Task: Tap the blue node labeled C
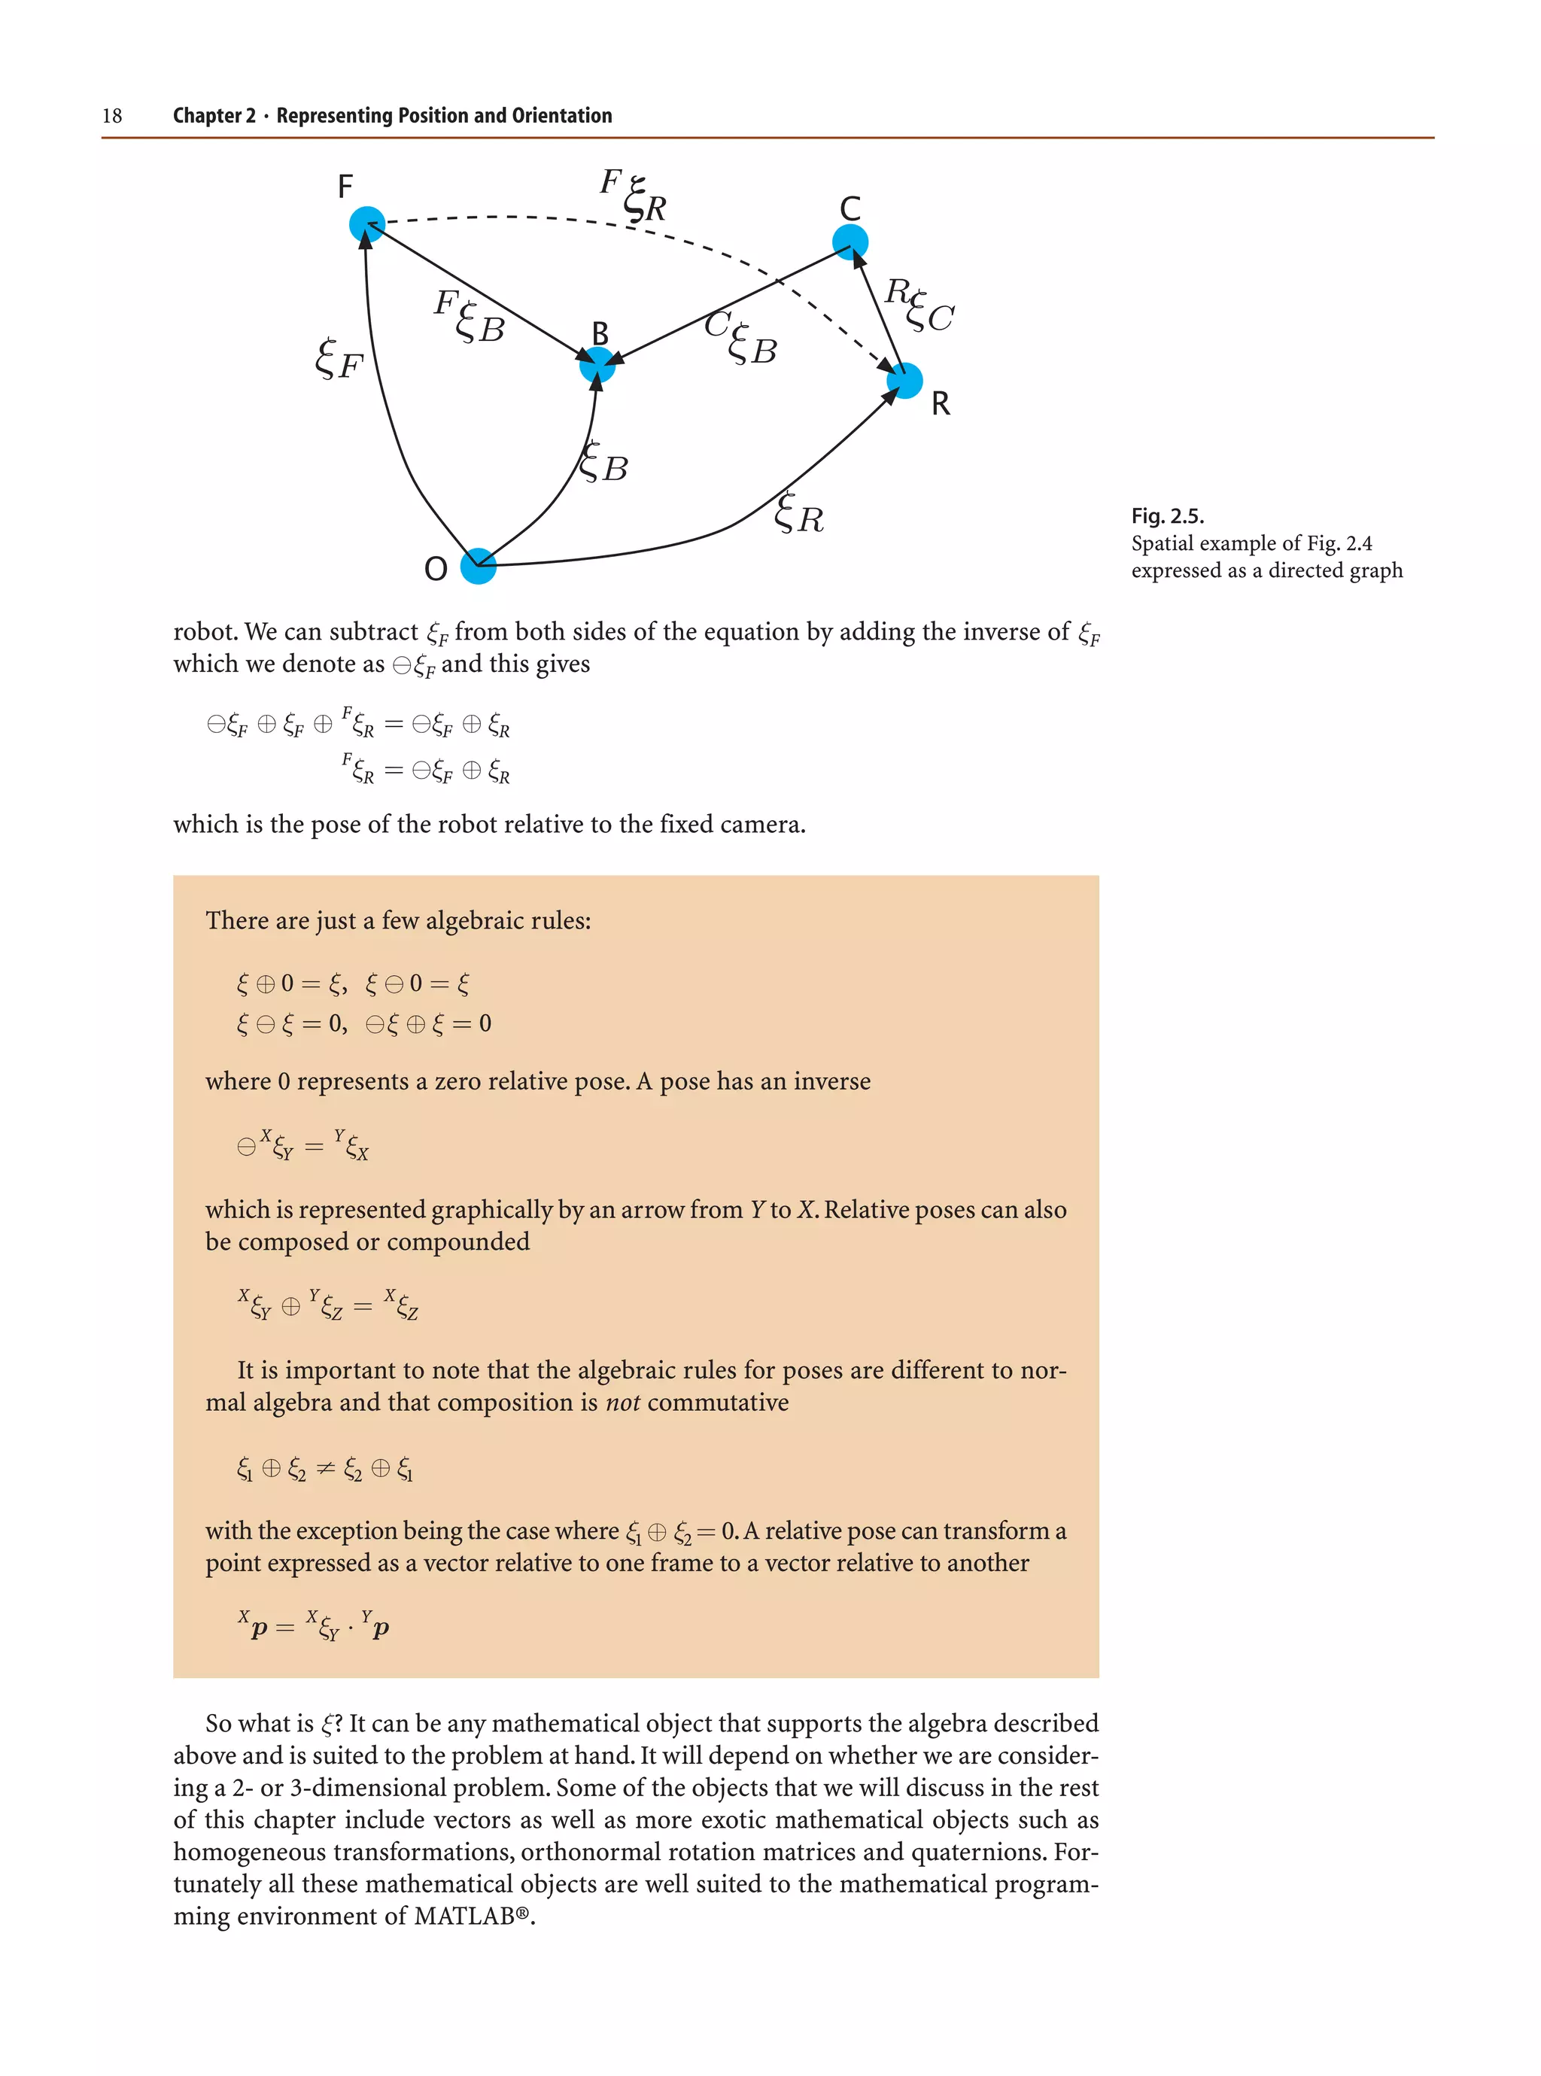point(850,242)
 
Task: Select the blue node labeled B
point(597,365)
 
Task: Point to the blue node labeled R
point(904,381)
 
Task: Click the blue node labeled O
point(478,565)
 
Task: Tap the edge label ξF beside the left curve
point(339,360)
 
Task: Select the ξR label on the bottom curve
point(799,514)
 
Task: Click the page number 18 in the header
point(112,116)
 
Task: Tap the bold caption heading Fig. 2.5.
point(1167,515)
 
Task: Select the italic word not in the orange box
point(622,1403)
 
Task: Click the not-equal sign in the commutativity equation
point(324,1469)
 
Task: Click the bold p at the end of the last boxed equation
point(381,1628)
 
